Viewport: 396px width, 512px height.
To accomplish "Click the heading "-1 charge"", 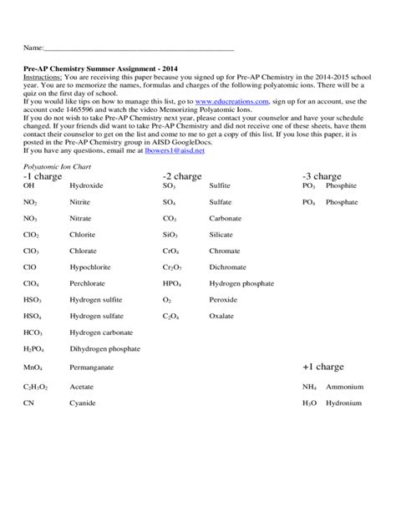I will [43, 176].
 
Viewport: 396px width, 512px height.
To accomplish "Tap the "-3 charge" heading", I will [322, 176].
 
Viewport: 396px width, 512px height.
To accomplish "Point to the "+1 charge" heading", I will [323, 367].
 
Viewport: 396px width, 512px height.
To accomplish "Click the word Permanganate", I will [92, 367].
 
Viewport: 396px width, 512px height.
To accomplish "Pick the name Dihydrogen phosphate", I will [104, 349].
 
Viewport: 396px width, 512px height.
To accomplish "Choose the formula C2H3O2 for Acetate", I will [36, 387].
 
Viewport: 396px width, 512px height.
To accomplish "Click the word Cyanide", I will [83, 403].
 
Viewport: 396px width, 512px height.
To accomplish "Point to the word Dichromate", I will [228, 267].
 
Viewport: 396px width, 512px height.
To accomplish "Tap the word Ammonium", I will [345, 387].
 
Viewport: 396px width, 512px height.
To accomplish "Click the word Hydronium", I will [344, 403].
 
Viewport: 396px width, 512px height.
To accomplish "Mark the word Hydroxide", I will [87, 185].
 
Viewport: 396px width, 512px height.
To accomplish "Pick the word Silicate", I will [221, 235].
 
